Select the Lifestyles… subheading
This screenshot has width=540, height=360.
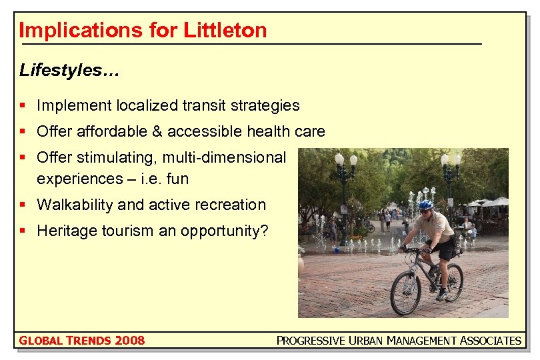69,70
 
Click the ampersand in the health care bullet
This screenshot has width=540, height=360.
157,131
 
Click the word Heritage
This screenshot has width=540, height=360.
64,231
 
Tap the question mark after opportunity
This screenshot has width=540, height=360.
264,231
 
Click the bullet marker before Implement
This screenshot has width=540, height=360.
23,105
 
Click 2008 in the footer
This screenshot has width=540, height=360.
129,341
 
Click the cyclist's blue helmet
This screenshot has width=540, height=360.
425,205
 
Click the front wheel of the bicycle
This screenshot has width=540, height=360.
405,293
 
